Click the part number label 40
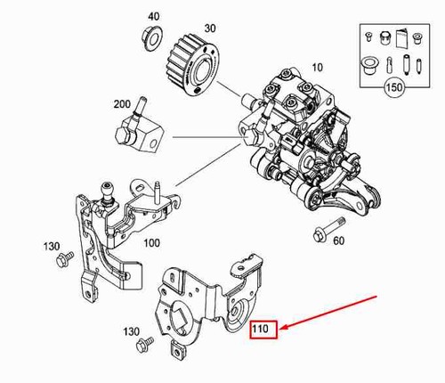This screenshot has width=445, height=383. tap(154, 16)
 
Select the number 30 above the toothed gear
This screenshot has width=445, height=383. tap(210, 29)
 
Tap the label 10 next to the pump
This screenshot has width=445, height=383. tap(317, 68)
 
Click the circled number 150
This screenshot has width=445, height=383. tap(394, 87)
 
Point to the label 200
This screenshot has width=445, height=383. tap(122, 104)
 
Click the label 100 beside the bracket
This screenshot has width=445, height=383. tap(152, 243)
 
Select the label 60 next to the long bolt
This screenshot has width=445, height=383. tap(338, 240)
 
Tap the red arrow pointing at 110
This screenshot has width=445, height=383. tap(328, 312)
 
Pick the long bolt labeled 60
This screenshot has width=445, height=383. tap(328, 228)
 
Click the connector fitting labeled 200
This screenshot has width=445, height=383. tap(138, 127)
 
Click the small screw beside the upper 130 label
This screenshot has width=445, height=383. tap(64, 259)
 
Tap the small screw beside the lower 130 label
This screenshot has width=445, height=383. tap(144, 344)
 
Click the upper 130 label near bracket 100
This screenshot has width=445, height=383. tap(52, 247)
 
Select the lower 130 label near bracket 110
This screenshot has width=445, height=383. tap(132, 331)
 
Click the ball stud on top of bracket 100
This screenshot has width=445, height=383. tap(108, 193)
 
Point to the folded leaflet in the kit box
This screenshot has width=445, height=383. tap(401, 37)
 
